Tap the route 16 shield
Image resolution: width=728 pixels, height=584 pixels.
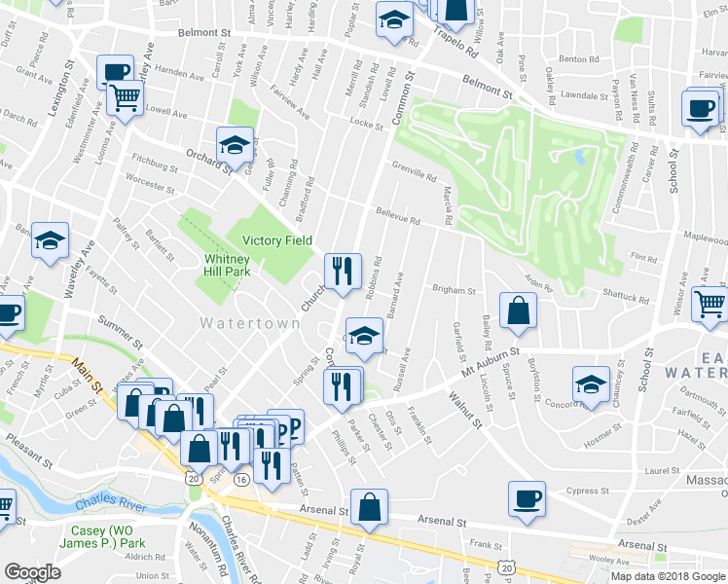coord(241,479)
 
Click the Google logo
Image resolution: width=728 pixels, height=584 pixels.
coord(32,572)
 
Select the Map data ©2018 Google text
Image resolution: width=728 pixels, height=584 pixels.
coord(669,576)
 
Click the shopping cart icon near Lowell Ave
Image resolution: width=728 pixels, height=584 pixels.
coord(126,97)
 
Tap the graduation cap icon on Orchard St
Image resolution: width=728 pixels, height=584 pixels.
coord(235,146)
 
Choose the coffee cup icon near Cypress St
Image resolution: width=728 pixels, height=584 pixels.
coord(527,499)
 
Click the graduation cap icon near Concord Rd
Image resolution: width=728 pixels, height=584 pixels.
coord(591,385)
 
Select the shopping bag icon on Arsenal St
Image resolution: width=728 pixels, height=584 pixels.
coord(371,508)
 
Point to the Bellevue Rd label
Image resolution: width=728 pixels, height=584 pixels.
coord(398,217)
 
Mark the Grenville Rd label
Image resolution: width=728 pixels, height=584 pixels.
coord(414,172)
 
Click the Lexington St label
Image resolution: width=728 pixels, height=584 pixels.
coord(60,92)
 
